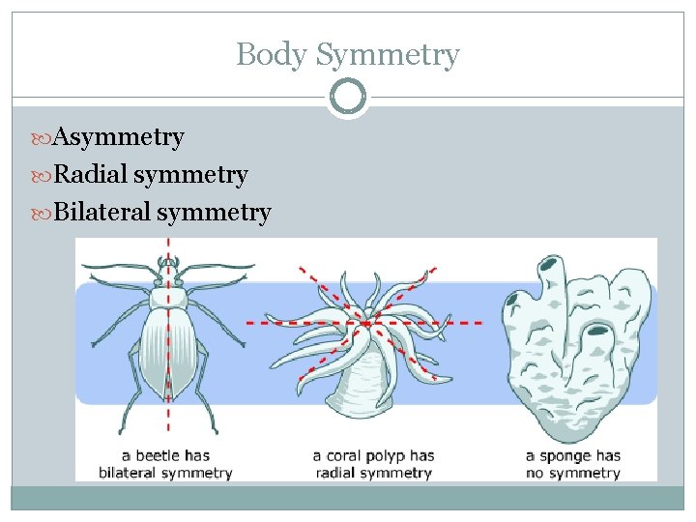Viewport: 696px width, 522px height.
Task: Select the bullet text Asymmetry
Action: click(x=118, y=137)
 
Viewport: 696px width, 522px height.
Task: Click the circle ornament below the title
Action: click(x=348, y=97)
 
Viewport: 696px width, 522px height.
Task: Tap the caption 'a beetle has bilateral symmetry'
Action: click(x=166, y=464)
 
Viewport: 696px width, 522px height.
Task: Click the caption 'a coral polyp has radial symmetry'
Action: click(x=372, y=464)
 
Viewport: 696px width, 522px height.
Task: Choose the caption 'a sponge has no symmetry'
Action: click(x=572, y=464)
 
